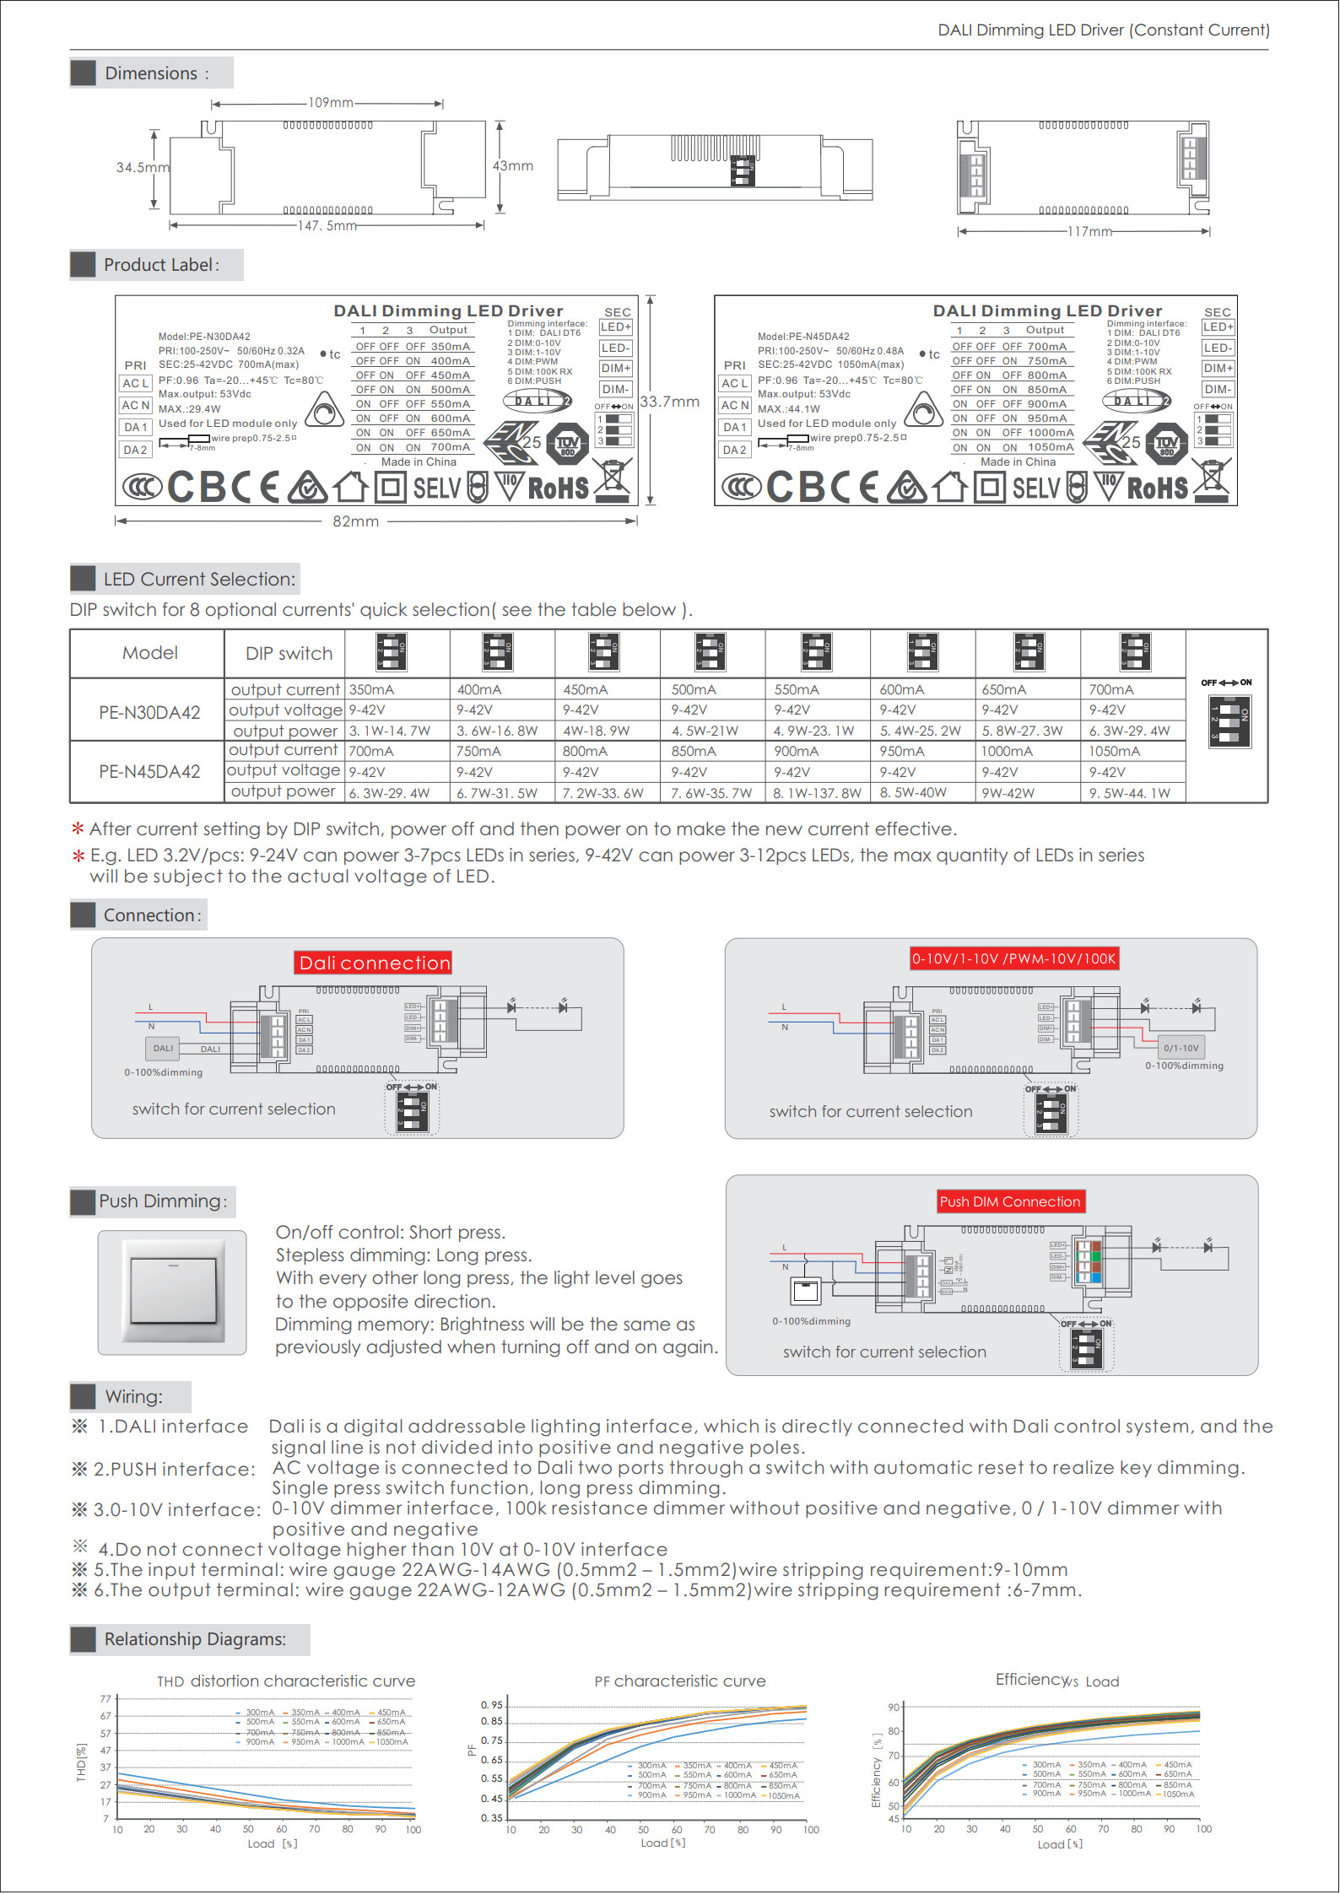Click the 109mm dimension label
[330, 103]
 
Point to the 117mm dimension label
[1089, 231]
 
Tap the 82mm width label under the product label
[355, 521]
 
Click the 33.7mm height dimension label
[670, 402]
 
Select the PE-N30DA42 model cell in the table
[149, 712]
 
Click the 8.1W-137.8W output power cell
[817, 793]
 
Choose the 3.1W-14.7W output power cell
[390, 731]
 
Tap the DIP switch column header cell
[289, 654]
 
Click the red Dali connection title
[375, 963]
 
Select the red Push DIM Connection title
[1009, 1201]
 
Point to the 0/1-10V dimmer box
[1181, 1048]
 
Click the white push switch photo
[173, 1292]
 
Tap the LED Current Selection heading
[199, 580]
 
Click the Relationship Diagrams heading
[195, 1638]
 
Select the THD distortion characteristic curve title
[286, 1681]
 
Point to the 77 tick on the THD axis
[105, 1699]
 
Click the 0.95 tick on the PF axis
[491, 1705]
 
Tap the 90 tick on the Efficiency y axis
[894, 1707]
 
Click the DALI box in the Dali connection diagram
[163, 1049]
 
